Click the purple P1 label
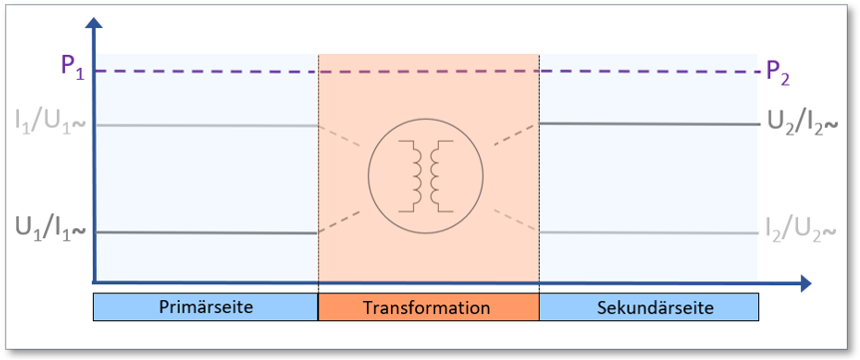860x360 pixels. [x=71, y=69]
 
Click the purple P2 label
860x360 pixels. [x=778, y=71]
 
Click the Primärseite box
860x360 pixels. [x=205, y=307]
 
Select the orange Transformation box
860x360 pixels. [x=427, y=307]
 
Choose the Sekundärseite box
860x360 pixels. [x=647, y=307]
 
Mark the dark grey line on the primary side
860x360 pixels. [x=205, y=231]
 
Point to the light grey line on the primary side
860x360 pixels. [x=205, y=126]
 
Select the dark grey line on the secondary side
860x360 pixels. [x=647, y=124]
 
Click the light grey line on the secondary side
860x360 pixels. [x=647, y=231]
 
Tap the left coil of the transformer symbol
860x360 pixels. [x=410, y=176]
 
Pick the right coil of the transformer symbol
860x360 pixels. [x=440, y=176]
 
